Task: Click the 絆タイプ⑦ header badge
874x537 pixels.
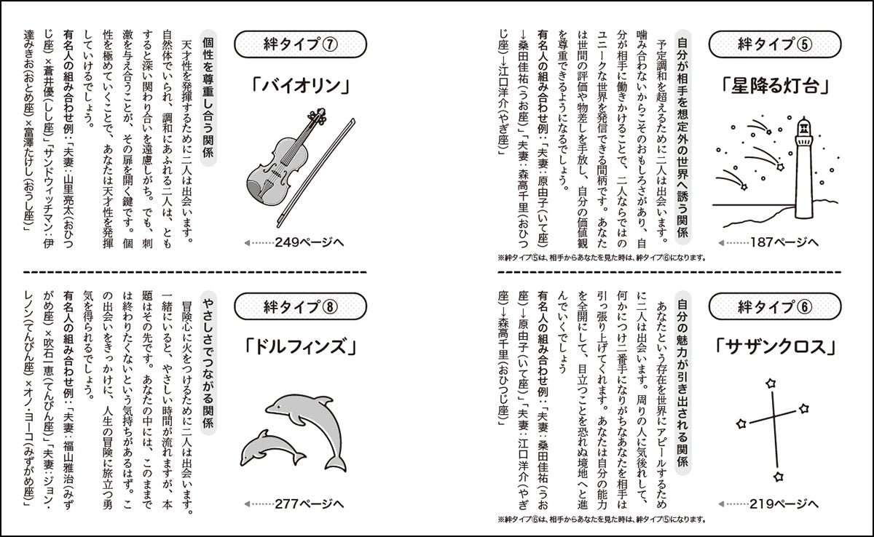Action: point(300,44)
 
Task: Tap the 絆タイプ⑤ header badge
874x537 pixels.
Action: point(774,44)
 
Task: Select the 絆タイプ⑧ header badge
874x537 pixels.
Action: point(300,306)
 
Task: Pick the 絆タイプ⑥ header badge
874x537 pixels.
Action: point(774,306)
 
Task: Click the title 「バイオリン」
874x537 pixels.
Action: point(300,87)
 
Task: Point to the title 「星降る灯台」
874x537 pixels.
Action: point(775,87)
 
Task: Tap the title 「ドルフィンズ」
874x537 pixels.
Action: point(300,347)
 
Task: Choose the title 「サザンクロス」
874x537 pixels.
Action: point(775,347)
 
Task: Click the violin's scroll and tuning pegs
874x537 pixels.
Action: point(318,116)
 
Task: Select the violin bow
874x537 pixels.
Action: point(316,173)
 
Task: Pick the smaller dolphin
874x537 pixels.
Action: point(271,448)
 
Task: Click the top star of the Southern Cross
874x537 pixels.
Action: point(771,383)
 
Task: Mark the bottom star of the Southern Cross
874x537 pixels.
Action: point(779,477)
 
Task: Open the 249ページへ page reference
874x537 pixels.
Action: point(294,242)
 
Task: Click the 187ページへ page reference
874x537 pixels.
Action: point(768,242)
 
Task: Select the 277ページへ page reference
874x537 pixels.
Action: point(294,504)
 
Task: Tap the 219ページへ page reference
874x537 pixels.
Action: point(768,504)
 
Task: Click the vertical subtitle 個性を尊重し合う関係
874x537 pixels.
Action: point(208,98)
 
